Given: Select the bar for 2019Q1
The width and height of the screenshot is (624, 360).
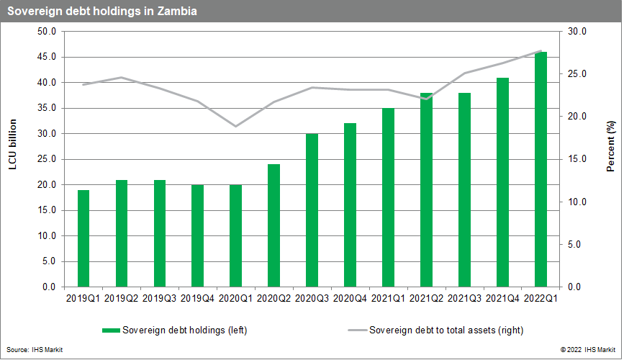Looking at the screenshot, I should pos(83,238).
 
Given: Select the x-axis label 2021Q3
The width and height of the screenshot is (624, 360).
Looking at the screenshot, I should pos(465,297).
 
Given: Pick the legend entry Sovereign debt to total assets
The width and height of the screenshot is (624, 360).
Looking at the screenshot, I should pos(446,330).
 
